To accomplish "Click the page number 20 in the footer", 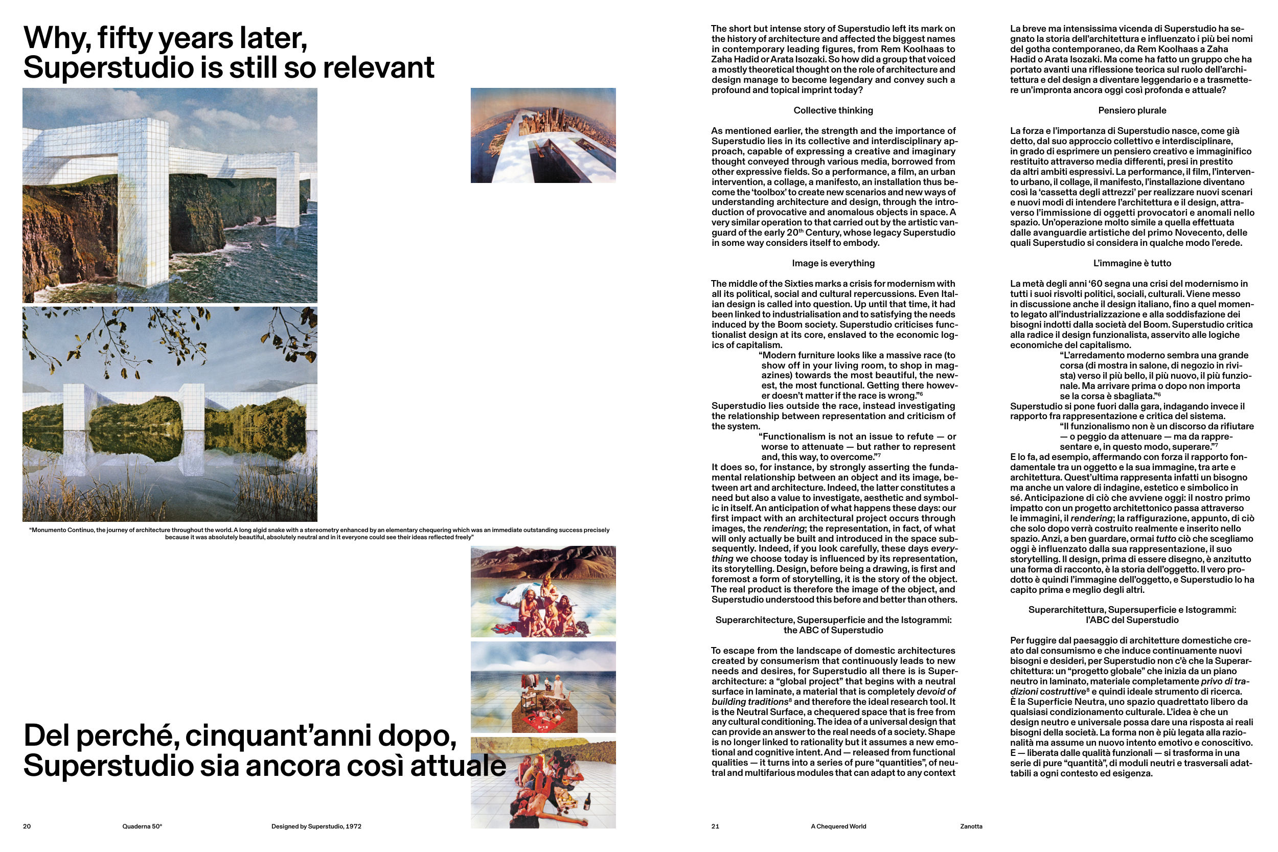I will point(27,826).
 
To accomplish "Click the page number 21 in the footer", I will point(715,826).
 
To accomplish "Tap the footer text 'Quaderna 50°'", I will point(142,826).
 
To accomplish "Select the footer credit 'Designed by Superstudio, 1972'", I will point(316,826).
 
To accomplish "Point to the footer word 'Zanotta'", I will point(971,826).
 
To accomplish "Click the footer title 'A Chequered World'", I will point(838,826).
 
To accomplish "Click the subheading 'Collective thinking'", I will point(833,110).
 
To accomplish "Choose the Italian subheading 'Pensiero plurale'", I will point(1132,110).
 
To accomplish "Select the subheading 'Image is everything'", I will point(833,263).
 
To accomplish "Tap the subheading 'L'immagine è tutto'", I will point(1132,263).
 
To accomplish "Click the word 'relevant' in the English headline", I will point(379,68).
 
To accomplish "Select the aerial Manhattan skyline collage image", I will point(543,135).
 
